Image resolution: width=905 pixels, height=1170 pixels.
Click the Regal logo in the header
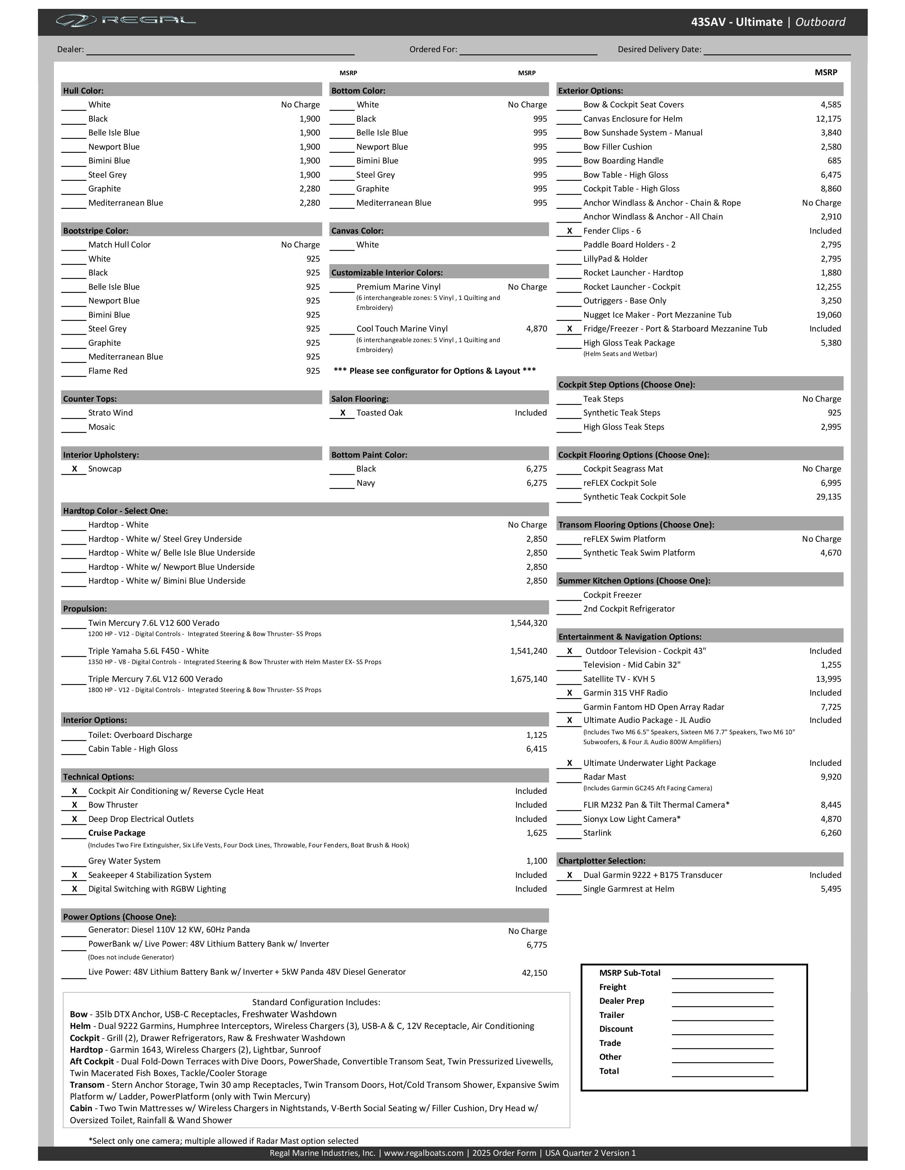(126, 21)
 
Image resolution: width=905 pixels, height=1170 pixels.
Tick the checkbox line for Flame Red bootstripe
(73, 373)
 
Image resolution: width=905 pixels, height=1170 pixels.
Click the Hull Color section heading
(84, 90)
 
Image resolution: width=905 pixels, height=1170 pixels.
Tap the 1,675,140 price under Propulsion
(529, 679)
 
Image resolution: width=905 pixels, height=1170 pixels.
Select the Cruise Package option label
(117, 833)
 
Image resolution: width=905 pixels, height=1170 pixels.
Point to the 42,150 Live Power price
(534, 973)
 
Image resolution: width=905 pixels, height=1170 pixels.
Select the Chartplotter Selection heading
(602, 861)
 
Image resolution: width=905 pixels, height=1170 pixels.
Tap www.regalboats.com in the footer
(423, 1153)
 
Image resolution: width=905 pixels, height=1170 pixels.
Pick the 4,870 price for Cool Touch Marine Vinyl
(536, 329)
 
